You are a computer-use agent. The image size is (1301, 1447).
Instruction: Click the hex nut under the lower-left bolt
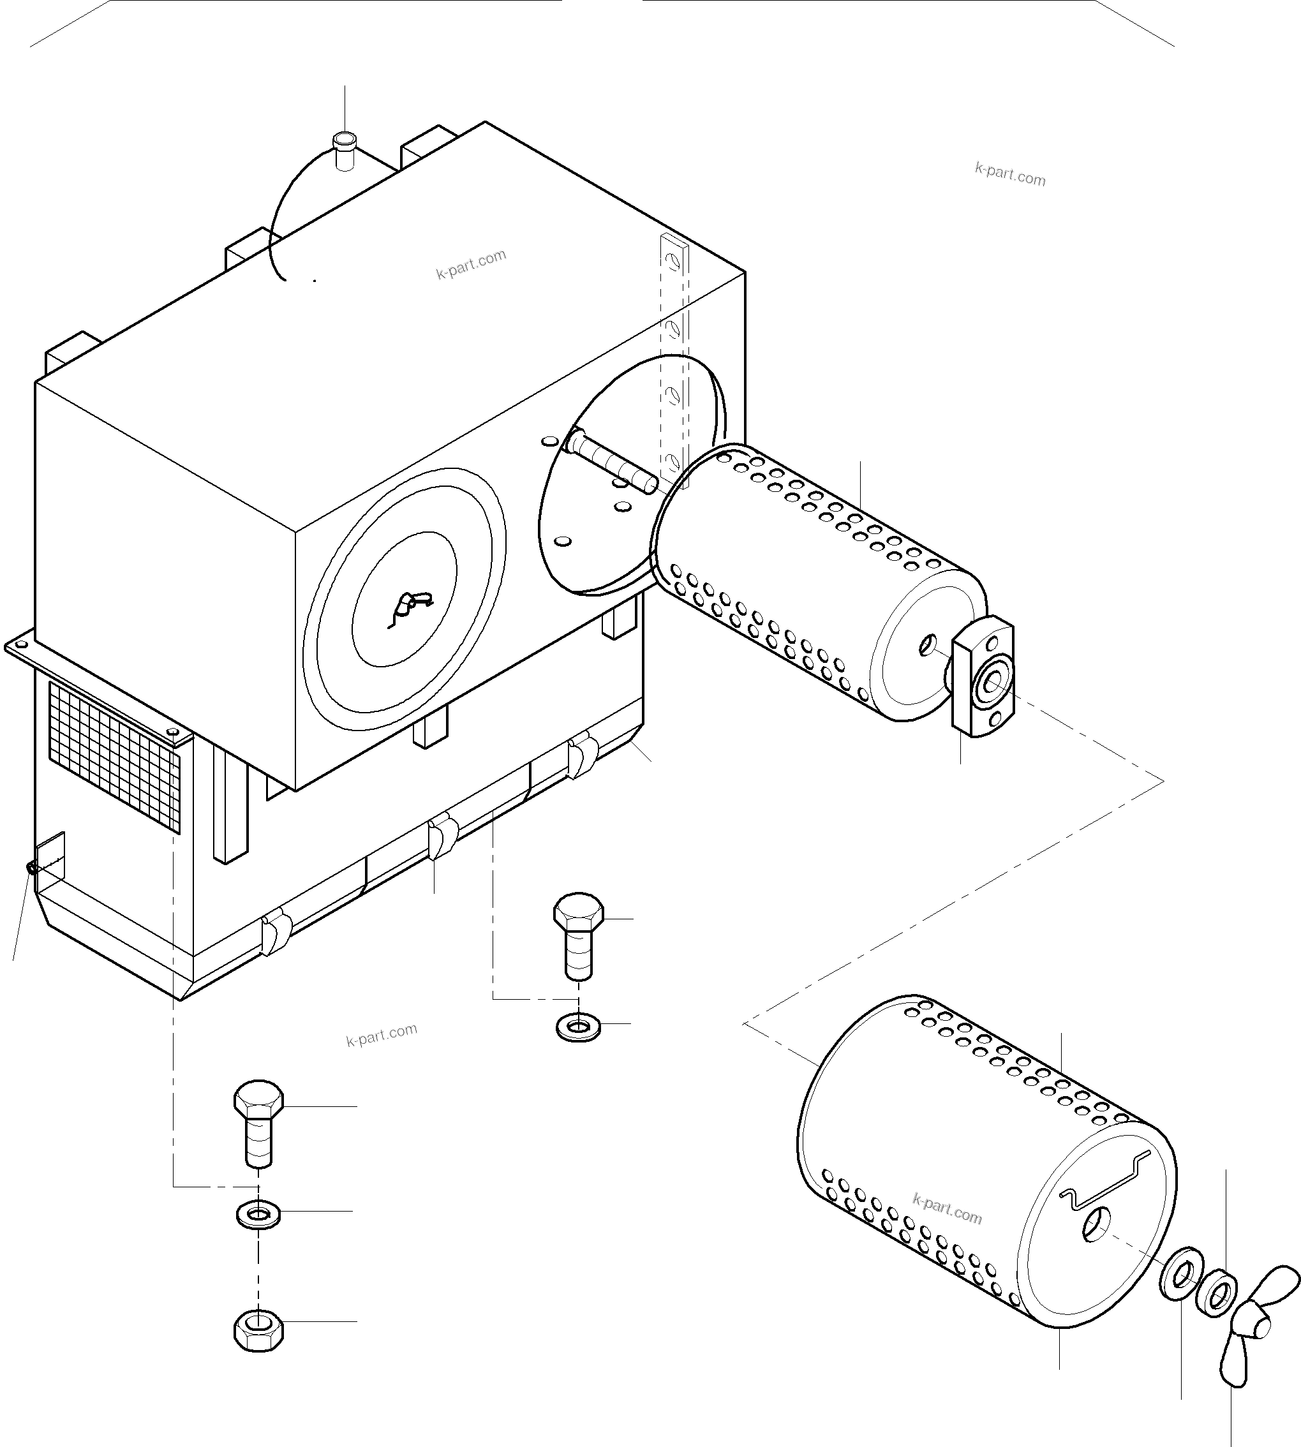click(259, 1330)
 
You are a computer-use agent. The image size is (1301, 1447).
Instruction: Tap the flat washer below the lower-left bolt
click(258, 1214)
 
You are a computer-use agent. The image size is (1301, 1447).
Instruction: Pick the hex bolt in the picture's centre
click(578, 937)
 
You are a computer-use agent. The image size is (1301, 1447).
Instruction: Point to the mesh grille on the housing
click(114, 758)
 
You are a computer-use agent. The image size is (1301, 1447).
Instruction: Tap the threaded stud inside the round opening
click(613, 464)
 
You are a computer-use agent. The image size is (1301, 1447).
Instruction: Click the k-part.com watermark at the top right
click(1009, 174)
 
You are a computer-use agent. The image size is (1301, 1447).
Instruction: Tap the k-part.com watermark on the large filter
click(947, 1209)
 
